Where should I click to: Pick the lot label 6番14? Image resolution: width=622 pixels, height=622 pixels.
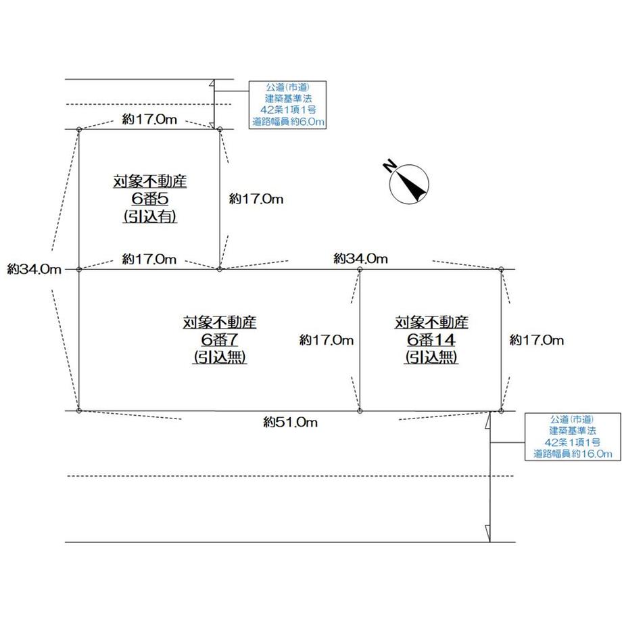click(431, 339)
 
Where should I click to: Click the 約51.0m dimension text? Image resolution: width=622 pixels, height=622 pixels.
click(290, 423)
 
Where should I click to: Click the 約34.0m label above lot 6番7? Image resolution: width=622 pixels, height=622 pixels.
click(361, 258)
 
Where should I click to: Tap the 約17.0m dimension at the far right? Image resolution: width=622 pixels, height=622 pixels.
click(536, 340)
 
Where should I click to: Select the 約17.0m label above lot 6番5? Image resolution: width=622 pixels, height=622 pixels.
click(149, 119)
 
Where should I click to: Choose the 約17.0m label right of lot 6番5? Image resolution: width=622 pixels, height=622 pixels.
click(256, 199)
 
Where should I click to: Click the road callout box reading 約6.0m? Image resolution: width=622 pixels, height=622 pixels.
click(288, 105)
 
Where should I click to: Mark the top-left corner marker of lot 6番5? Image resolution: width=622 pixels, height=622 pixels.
click(79, 129)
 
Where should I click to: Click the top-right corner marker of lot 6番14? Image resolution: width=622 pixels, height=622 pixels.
click(501, 270)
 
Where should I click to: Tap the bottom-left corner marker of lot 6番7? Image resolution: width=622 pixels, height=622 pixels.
click(79, 410)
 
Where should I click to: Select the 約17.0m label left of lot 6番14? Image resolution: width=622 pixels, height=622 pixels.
click(327, 340)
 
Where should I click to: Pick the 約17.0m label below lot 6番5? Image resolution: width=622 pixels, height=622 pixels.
click(149, 258)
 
